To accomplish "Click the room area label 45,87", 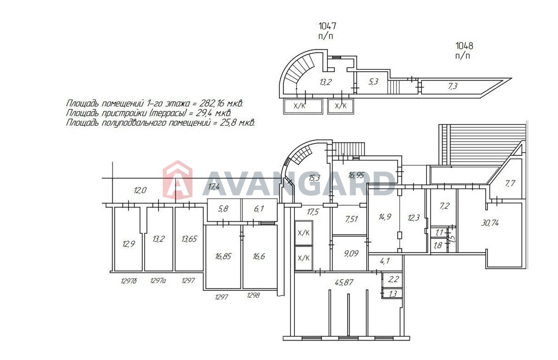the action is tap(344, 283).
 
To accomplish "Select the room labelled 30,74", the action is tap(490, 223).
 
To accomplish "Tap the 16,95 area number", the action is tap(356, 175).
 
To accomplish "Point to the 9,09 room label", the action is tap(351, 253).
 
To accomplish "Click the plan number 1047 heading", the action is tap(327, 26).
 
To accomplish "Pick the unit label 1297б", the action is tap(129, 281).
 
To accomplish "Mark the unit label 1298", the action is tap(253, 295).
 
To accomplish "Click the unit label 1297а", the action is tap(158, 281).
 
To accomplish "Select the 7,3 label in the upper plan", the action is tap(452, 87).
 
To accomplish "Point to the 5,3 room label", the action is tap(373, 82).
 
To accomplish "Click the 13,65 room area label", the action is tap(189, 239).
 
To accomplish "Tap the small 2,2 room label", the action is tap(393, 280).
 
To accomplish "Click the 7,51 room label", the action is tap(352, 219).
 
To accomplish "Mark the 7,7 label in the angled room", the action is tap(510, 184).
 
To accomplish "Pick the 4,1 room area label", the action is tap(385, 261).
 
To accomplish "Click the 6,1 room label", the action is tap(259, 209).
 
